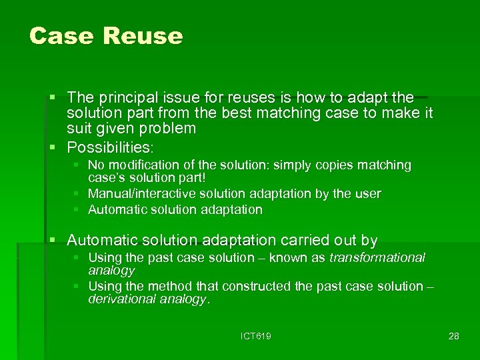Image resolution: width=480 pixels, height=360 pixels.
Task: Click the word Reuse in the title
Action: pos(142,36)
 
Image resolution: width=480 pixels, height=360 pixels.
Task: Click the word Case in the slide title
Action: pos(62,36)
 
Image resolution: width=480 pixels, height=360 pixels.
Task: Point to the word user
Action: pos(367,194)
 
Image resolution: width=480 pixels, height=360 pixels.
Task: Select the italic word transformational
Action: pos(377,258)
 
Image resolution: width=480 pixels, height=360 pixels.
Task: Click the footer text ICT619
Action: pos(255,336)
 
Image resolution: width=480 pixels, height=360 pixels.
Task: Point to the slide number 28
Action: pos(453,336)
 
